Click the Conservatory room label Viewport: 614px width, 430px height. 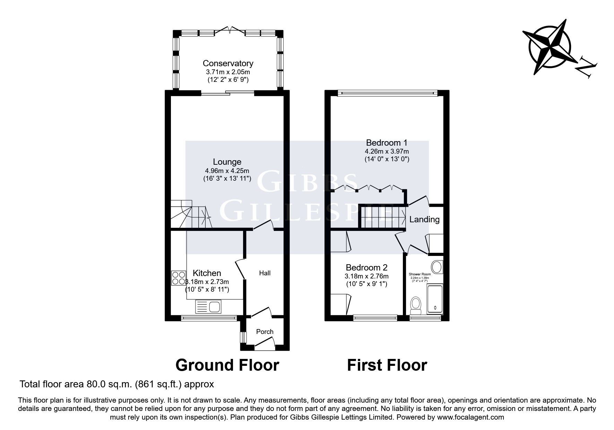coord(228,63)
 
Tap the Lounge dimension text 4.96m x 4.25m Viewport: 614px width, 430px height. coord(227,171)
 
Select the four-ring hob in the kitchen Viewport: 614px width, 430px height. coord(178,278)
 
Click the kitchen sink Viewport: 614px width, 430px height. coord(208,307)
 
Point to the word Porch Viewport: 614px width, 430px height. coord(265,332)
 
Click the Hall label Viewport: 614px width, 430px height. coord(265,273)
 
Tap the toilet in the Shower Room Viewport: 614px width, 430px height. coord(415,304)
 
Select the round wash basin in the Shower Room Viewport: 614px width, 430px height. coord(436,267)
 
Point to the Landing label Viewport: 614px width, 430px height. coord(424,220)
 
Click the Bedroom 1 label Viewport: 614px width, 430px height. coord(387,143)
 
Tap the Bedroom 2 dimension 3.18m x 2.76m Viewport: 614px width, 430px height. coord(366,276)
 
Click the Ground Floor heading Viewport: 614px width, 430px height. coord(227,365)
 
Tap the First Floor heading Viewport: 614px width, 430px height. coord(387,365)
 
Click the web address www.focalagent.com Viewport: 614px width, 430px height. coord(470,417)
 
